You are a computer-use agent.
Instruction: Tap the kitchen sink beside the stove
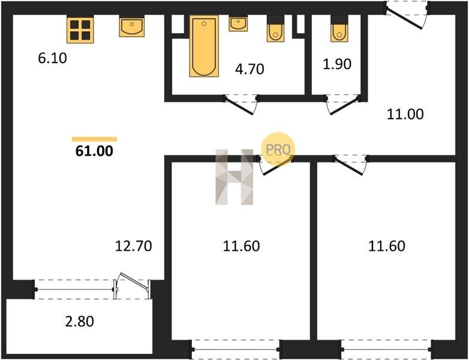(x=131, y=26)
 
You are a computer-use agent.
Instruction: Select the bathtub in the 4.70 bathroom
(x=204, y=46)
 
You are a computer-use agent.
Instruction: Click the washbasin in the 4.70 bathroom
(x=238, y=23)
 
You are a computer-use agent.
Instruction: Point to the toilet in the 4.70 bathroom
(x=275, y=29)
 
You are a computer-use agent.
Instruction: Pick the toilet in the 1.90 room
(x=339, y=29)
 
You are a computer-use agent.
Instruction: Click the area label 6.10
(x=52, y=58)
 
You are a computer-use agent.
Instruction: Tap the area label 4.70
(x=249, y=69)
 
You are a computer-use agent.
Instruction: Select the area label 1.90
(x=337, y=64)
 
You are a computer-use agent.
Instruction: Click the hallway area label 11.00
(x=405, y=115)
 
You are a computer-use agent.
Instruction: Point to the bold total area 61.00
(x=94, y=151)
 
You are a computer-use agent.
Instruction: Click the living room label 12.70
(x=133, y=246)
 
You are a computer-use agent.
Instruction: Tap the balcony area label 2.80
(x=80, y=322)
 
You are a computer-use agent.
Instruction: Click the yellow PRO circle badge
(x=278, y=149)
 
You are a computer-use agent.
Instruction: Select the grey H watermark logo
(x=235, y=177)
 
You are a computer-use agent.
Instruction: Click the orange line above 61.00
(x=94, y=139)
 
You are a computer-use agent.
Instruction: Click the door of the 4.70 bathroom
(x=240, y=104)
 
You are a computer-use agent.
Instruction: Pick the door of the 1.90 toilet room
(x=343, y=104)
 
